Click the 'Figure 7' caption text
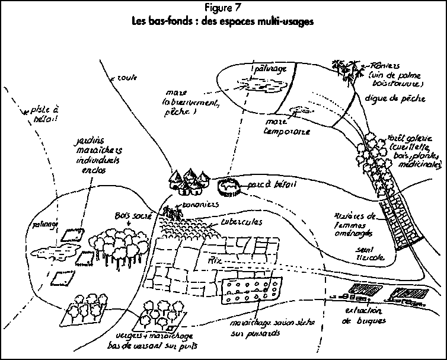tap(223, 8)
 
